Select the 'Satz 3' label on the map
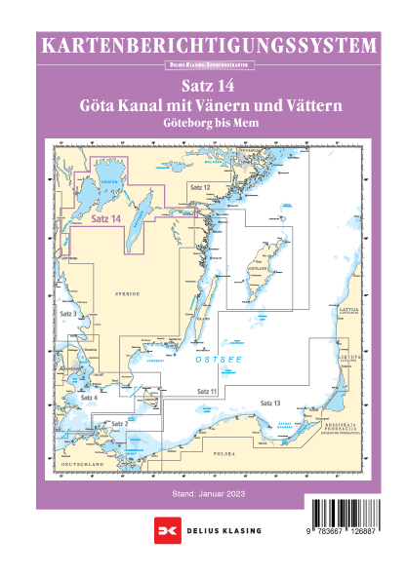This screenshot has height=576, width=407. [67, 316]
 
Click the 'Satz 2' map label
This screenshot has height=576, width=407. [120, 423]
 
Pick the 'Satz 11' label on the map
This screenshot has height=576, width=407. [206, 390]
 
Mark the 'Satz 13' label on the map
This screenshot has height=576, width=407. [270, 403]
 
